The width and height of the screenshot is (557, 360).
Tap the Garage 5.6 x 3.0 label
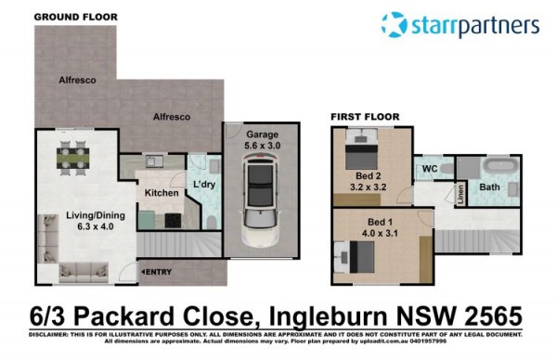click(262, 140)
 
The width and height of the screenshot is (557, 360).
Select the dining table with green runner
click(72, 158)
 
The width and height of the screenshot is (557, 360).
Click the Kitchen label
click(162, 193)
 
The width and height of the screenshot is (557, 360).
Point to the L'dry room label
click(204, 185)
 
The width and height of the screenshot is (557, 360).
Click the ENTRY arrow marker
click(143, 272)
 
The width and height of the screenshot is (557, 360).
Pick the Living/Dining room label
click(96, 221)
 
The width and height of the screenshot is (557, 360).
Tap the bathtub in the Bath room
click(501, 166)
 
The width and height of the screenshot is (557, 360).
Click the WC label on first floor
click(430, 168)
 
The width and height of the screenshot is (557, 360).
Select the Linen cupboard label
click(460, 194)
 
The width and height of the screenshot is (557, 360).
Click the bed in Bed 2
click(362, 149)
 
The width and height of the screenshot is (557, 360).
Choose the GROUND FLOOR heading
click(76, 17)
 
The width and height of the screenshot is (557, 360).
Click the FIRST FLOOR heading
click(365, 117)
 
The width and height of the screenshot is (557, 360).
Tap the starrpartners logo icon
click(394, 24)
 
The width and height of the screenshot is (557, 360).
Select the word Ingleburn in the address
click(328, 316)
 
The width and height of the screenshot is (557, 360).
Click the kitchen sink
click(154, 161)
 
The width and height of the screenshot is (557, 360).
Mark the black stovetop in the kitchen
click(173, 221)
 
